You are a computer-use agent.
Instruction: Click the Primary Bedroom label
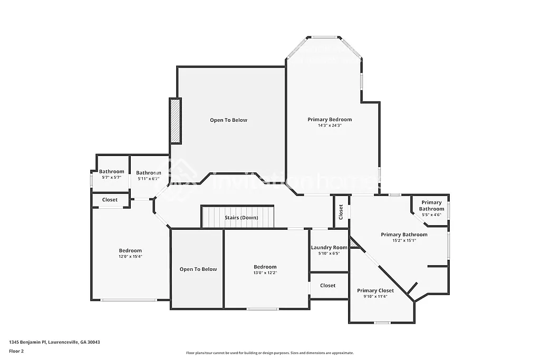pyautogui.click(x=330, y=120)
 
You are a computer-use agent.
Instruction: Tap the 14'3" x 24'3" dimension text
pyautogui.click(x=330, y=125)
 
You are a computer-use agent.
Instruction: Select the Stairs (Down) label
pyautogui.click(x=241, y=218)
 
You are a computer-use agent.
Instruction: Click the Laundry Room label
pyautogui.click(x=329, y=247)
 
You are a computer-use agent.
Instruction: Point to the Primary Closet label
pyautogui.click(x=375, y=290)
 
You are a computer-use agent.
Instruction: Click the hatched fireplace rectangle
pyautogui.click(x=175, y=121)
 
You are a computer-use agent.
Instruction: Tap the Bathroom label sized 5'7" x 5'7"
pyautogui.click(x=112, y=171)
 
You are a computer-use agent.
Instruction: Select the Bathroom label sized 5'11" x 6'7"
pyautogui.click(x=149, y=173)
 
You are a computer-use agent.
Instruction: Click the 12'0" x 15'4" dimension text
pyautogui.click(x=130, y=256)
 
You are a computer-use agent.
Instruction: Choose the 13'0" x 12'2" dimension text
pyautogui.click(x=265, y=273)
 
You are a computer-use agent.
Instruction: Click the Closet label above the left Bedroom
pyautogui.click(x=110, y=200)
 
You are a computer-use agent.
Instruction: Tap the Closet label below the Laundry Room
pyautogui.click(x=327, y=286)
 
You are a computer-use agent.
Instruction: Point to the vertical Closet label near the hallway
pyautogui.click(x=341, y=212)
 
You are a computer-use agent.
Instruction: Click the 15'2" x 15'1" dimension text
pyautogui.click(x=404, y=240)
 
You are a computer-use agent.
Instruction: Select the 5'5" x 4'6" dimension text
pyautogui.click(x=431, y=215)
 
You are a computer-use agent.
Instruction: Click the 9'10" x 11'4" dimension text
pyautogui.click(x=375, y=296)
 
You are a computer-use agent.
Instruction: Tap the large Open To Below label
pyautogui.click(x=228, y=120)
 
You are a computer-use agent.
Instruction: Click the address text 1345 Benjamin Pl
pyautogui.click(x=54, y=342)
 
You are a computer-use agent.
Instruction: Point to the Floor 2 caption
pyautogui.click(x=17, y=351)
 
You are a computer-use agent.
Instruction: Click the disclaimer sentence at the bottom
pyautogui.click(x=269, y=353)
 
